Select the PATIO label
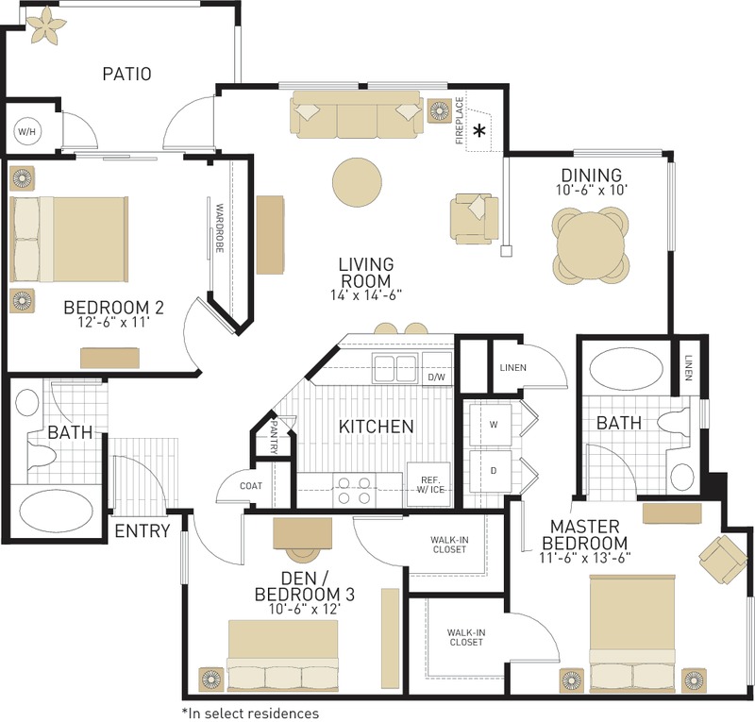pyautogui.click(x=126, y=74)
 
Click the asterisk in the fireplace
pyautogui.click(x=480, y=131)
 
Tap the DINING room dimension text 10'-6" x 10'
pyautogui.click(x=591, y=190)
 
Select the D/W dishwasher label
pyautogui.click(x=435, y=378)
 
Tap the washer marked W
pyautogui.click(x=492, y=424)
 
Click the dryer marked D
pyautogui.click(x=492, y=468)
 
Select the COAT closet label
pyautogui.click(x=250, y=486)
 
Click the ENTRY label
pyautogui.click(x=142, y=530)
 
